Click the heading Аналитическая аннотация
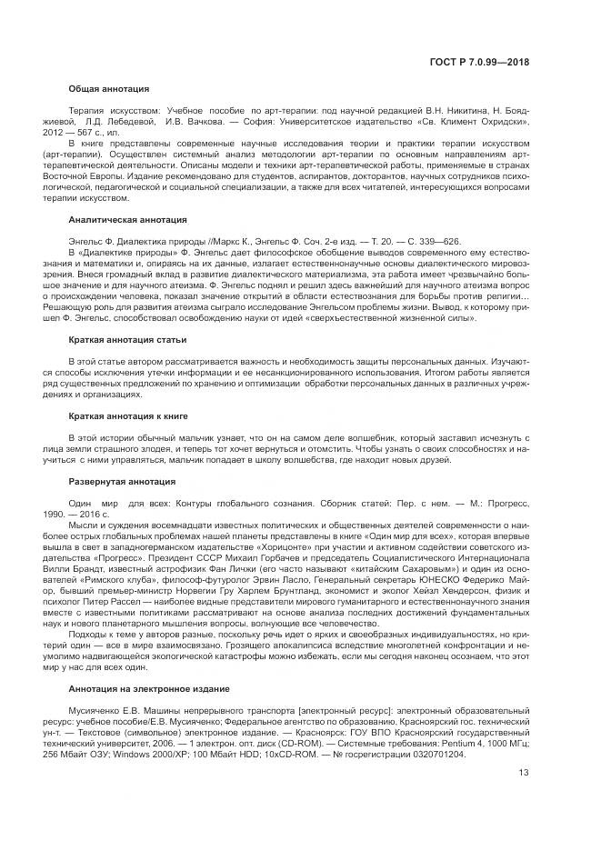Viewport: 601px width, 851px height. [x=128, y=220]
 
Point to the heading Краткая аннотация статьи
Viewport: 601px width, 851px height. [x=128, y=340]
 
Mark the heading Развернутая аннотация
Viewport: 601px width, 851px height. [x=122, y=481]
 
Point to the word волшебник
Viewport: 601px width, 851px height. [x=292, y=438]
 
